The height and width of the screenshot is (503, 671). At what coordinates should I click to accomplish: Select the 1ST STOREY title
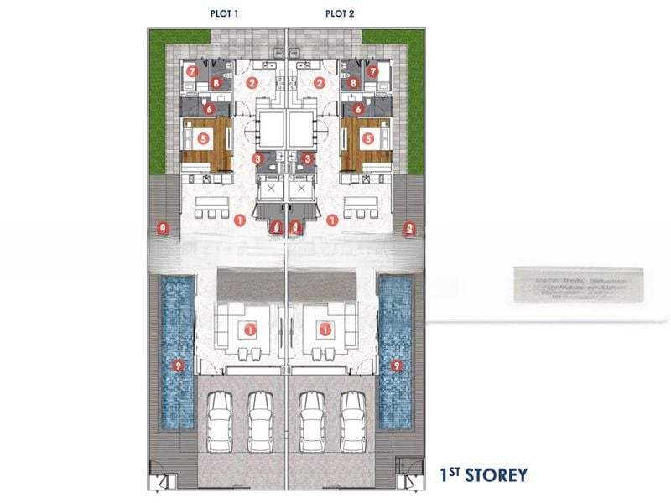tap(485, 475)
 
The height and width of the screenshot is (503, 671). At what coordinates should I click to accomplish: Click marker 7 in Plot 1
tap(192, 72)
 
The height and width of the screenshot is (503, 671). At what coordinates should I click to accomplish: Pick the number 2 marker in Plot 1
tap(252, 82)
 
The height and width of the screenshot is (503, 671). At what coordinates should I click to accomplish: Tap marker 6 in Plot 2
tap(359, 108)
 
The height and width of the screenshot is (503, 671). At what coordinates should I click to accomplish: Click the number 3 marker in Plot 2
tap(309, 158)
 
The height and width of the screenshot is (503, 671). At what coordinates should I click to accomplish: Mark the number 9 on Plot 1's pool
tap(176, 366)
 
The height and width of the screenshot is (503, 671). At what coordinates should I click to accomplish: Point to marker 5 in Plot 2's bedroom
tap(367, 137)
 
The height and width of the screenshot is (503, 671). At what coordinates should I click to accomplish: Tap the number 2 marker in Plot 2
tap(320, 82)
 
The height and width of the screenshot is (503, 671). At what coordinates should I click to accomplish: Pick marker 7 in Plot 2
tap(374, 72)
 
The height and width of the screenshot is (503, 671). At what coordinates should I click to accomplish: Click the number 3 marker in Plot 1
tap(258, 158)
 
